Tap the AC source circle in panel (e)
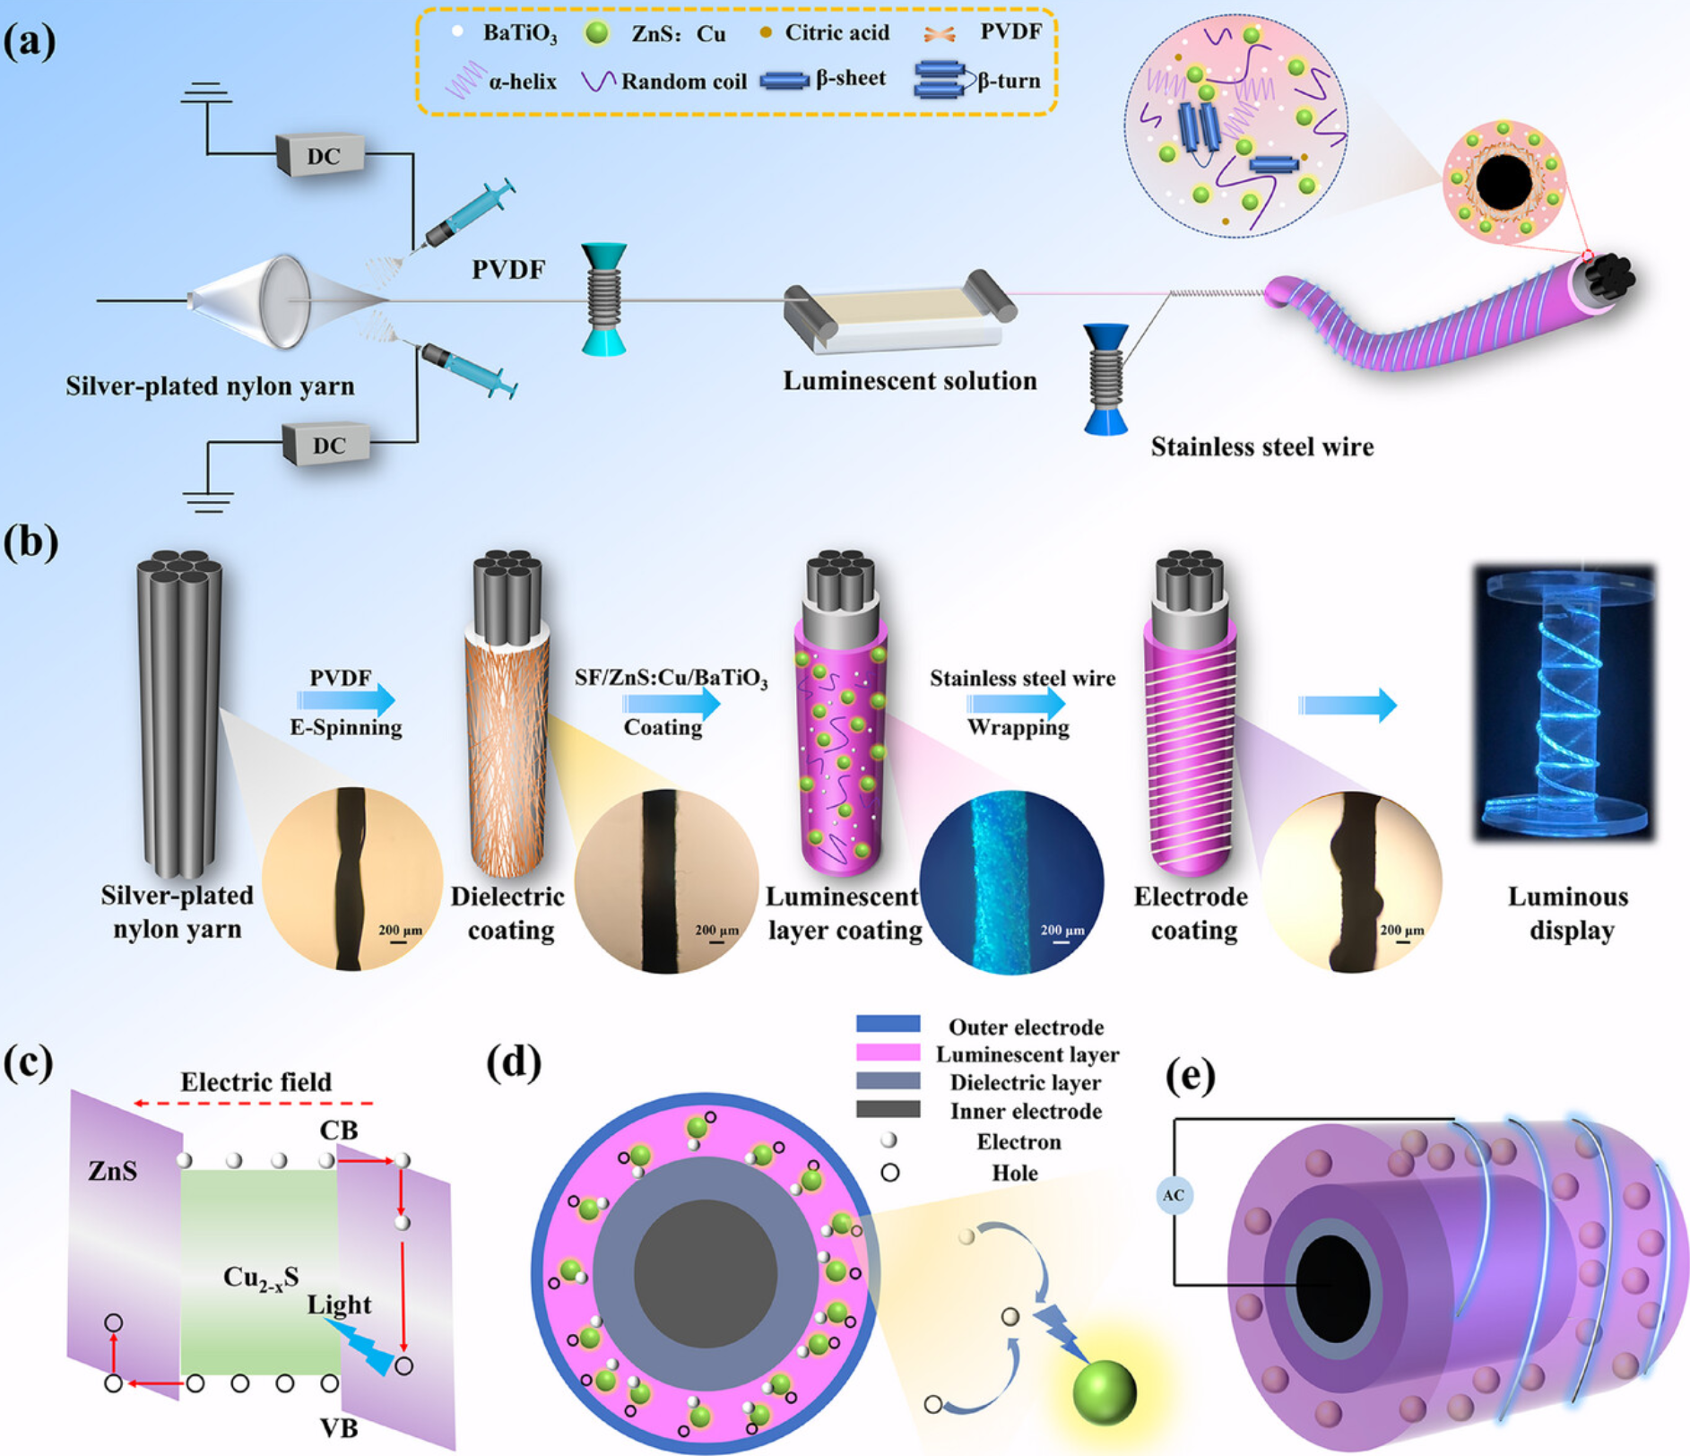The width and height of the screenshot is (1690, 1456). tap(1174, 1195)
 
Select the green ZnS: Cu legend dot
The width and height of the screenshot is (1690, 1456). tap(596, 34)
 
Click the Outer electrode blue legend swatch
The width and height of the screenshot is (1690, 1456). tap(888, 1024)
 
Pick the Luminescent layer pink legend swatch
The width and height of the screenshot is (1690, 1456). tap(888, 1053)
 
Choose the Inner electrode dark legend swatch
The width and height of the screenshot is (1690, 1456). tap(888, 1110)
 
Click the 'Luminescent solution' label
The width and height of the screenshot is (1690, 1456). tap(909, 381)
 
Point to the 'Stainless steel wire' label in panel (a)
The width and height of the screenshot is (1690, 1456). tap(1261, 446)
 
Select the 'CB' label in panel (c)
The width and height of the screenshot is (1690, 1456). tap(339, 1131)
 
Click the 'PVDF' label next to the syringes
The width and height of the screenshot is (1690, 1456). tap(508, 270)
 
